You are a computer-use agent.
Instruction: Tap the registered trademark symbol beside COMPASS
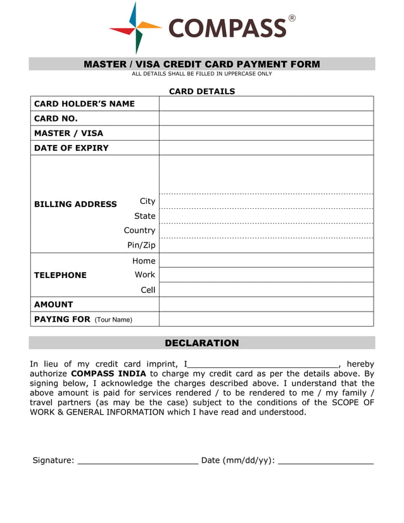click(x=292, y=18)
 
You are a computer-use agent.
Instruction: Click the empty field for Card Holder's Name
click(x=266, y=104)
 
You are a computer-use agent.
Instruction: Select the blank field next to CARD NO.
click(x=266, y=118)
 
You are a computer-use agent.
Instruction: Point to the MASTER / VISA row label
click(x=68, y=134)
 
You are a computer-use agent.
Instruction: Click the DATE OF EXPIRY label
click(x=71, y=148)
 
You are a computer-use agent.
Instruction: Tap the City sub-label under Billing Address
click(x=147, y=201)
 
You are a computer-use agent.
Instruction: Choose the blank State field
click(x=266, y=217)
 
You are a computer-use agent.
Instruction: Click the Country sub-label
click(x=139, y=230)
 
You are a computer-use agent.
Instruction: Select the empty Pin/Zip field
click(x=266, y=246)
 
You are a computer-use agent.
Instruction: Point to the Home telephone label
click(x=144, y=261)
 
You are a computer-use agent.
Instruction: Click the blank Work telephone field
click(x=266, y=275)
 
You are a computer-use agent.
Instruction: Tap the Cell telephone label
click(x=148, y=290)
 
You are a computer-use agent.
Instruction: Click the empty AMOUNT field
click(x=266, y=305)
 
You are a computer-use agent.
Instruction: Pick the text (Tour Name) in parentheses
click(x=113, y=320)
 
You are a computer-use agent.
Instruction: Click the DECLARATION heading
click(x=202, y=343)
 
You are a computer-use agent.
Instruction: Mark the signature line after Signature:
click(x=137, y=461)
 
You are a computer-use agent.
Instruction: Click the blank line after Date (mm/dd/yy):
click(x=325, y=461)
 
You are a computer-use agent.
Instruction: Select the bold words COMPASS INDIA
click(x=108, y=374)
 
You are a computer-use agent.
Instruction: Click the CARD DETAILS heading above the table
click(x=202, y=91)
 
